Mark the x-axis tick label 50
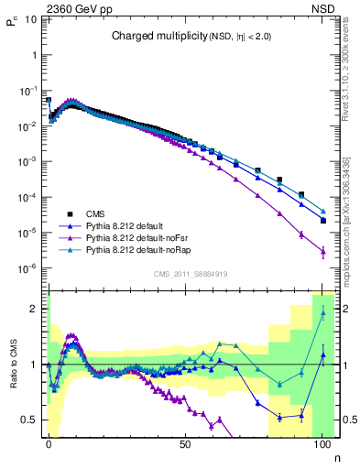(x=185, y=442)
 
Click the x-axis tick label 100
(x=322, y=442)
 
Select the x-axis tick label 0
(x=49, y=442)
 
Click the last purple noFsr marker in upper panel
(x=322, y=250)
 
